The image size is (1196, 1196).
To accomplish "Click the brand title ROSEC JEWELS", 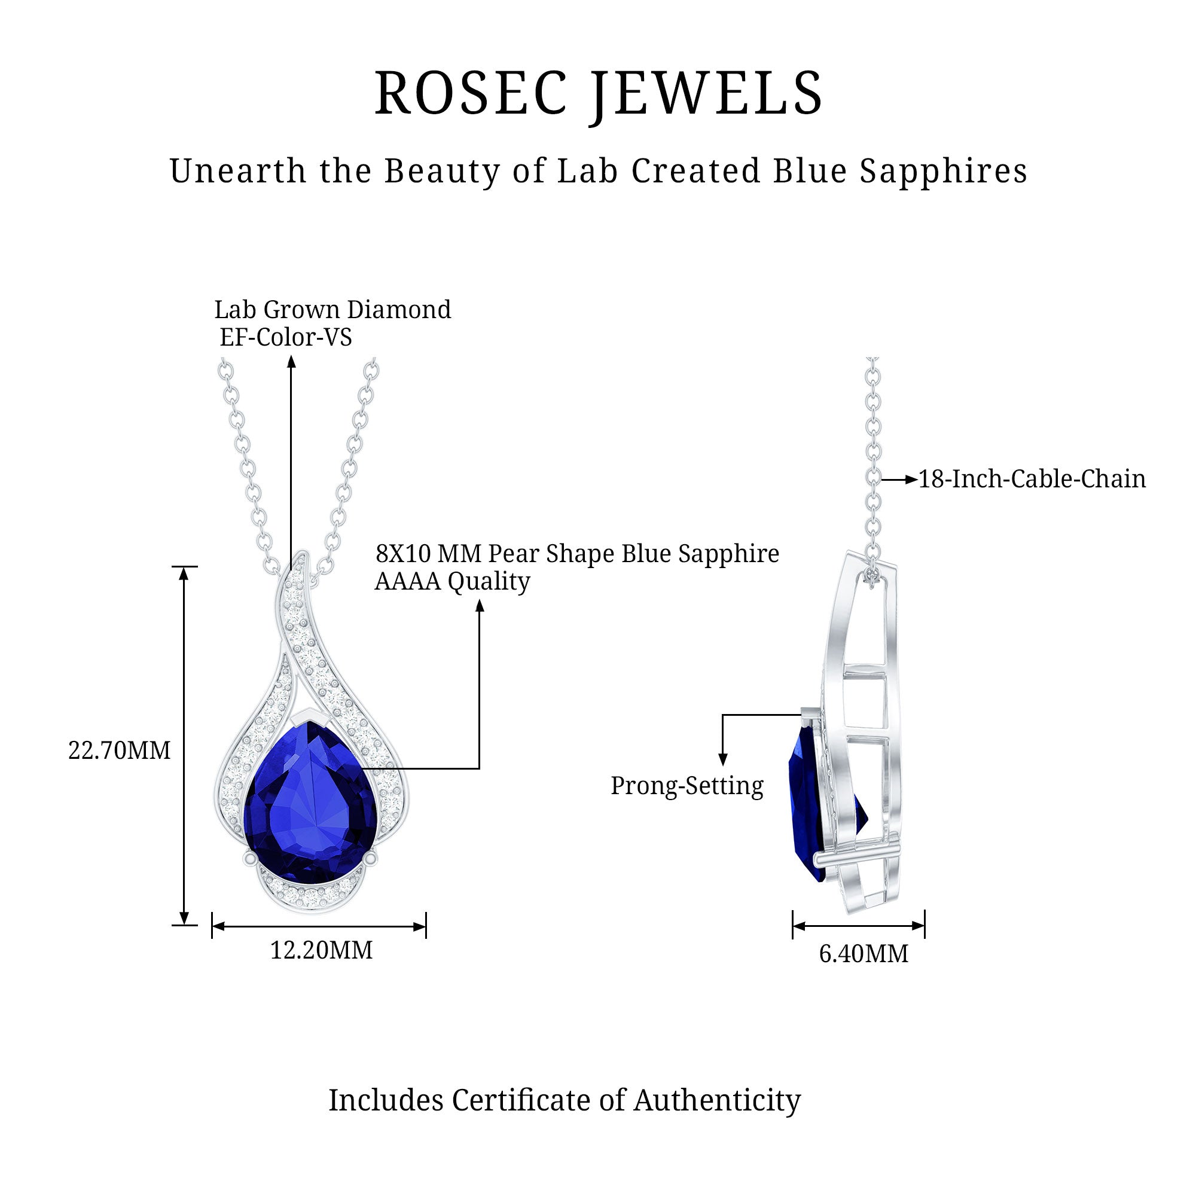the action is (598, 94).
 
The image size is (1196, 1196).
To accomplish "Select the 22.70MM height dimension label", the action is (120, 750).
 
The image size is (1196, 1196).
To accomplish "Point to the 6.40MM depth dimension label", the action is (864, 953).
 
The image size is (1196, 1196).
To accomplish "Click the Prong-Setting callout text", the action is (687, 787).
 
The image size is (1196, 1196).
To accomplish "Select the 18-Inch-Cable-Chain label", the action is (1032, 479).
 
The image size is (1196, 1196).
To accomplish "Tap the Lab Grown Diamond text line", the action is (332, 310).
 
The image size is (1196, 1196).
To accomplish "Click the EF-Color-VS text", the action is (285, 337).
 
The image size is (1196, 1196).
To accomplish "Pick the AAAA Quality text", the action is (453, 582).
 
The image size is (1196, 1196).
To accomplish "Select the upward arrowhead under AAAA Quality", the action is (479, 605).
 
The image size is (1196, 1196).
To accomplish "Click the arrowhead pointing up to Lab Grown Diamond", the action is (292, 362).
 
